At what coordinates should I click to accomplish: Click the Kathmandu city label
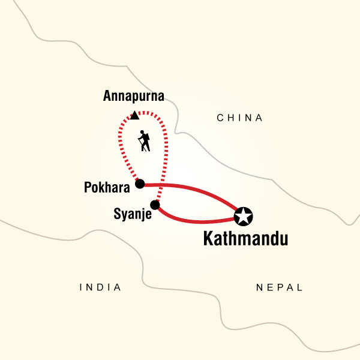pyautogui.click(x=245, y=239)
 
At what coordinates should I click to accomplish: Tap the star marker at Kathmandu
pyautogui.click(x=244, y=216)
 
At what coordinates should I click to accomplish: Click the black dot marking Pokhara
pyautogui.click(x=140, y=184)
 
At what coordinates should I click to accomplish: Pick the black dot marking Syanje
pyautogui.click(x=155, y=205)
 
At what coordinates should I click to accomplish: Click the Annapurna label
pyautogui.click(x=133, y=96)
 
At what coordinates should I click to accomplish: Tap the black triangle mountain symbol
pyautogui.click(x=134, y=115)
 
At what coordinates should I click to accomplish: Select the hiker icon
pyautogui.click(x=144, y=141)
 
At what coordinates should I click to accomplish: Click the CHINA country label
pyautogui.click(x=240, y=118)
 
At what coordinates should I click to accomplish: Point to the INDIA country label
pyautogui.click(x=100, y=287)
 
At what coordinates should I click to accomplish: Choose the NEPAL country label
pyautogui.click(x=279, y=287)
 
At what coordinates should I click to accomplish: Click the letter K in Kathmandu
pyautogui.click(x=208, y=239)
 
